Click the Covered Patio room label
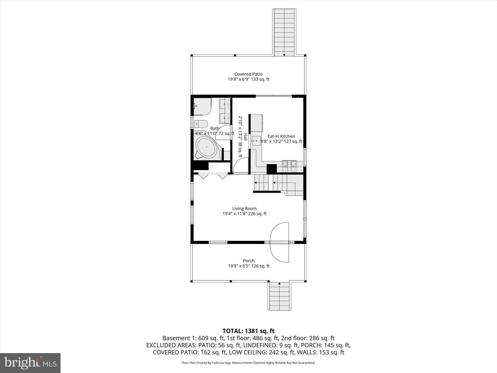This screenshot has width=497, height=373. [x=248, y=74]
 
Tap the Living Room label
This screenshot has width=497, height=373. [x=244, y=209]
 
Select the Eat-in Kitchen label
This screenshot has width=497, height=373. [x=281, y=136]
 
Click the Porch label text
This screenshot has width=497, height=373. [x=248, y=261]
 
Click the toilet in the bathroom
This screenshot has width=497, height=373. [x=201, y=124]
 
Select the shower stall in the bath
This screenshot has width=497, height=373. [x=202, y=106]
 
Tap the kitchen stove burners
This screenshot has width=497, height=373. [x=289, y=166]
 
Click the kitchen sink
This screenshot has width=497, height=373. [x=256, y=141]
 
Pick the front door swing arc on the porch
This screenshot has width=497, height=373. [x=279, y=242]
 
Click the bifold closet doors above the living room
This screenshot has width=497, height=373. [x=213, y=176]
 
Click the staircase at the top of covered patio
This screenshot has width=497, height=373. [x=284, y=32]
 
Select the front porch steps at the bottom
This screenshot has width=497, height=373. [x=279, y=296]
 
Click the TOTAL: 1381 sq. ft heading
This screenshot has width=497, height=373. [x=248, y=331]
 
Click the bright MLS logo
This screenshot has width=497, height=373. [x=30, y=363]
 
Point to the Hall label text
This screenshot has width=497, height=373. [x=245, y=137]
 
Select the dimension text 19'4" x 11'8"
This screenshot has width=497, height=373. [x=234, y=214]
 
